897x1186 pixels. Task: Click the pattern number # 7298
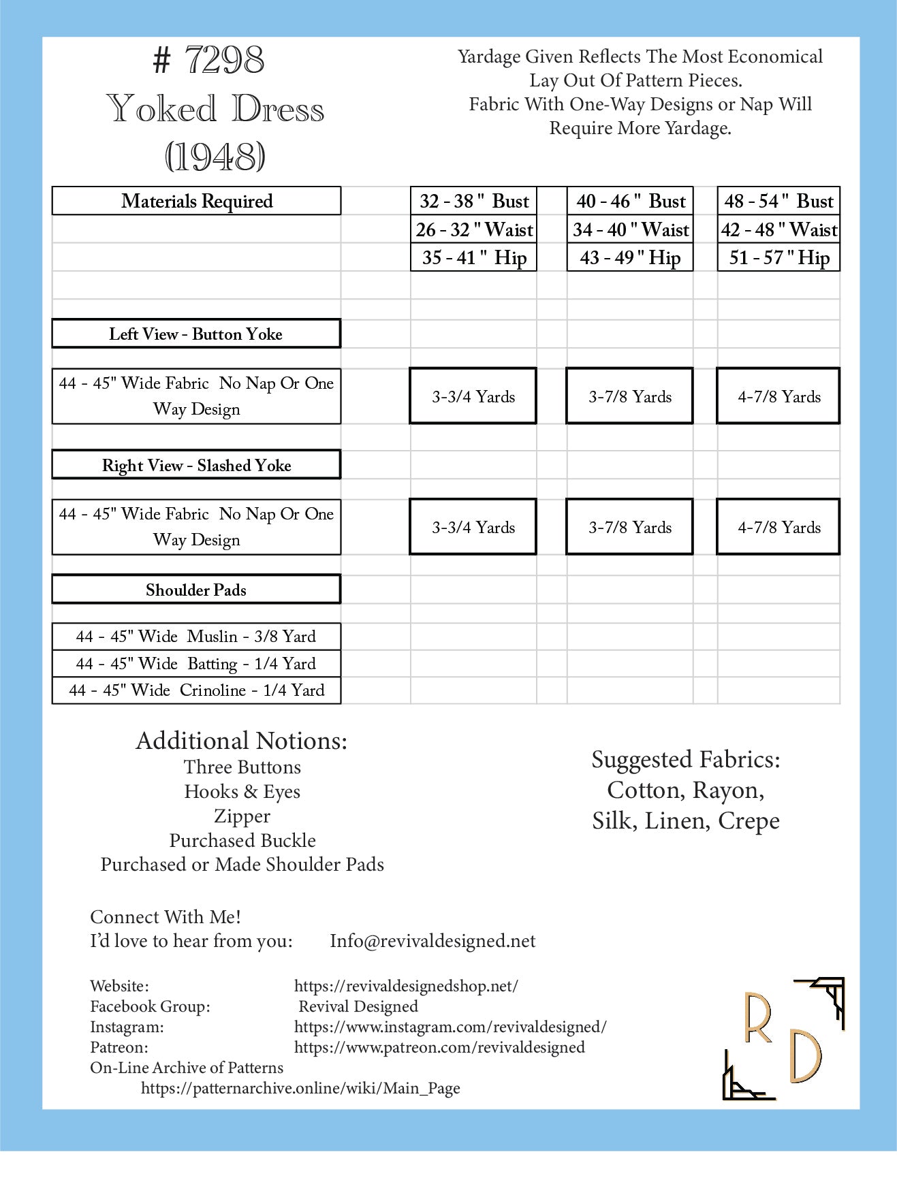coord(209,60)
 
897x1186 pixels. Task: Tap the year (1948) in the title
coord(215,157)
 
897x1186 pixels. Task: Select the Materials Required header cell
coord(196,201)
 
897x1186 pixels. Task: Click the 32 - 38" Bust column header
coord(473,201)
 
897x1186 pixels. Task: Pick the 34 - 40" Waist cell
coord(630,229)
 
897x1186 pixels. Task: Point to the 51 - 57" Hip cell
coord(778,257)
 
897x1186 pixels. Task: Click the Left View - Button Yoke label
coord(196,334)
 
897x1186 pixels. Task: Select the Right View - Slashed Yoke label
coord(196,465)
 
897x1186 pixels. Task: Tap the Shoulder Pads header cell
coord(196,590)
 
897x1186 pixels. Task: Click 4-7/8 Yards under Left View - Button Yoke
coord(778,396)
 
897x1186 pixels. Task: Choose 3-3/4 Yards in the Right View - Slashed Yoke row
coord(473,527)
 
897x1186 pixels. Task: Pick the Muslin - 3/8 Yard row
coord(196,637)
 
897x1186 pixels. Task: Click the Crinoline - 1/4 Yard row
coord(196,690)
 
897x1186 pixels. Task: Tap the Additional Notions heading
coord(242,741)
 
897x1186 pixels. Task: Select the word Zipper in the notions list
coord(242,816)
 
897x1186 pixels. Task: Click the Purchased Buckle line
coord(242,840)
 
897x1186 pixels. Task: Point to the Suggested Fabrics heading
coord(686,759)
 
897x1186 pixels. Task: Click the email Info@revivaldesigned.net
coord(432,941)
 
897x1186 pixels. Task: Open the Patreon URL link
coord(439,1047)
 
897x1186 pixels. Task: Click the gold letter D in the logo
coord(806,1056)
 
